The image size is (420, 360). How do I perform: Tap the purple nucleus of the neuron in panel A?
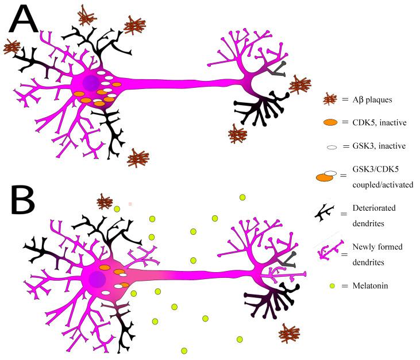pyautogui.click(x=90, y=84)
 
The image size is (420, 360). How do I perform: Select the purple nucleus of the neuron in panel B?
pyautogui.click(x=97, y=279)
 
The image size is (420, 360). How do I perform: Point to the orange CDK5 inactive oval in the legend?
pyautogui.click(x=332, y=122)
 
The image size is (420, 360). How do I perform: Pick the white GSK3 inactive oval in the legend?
pyautogui.click(x=332, y=148)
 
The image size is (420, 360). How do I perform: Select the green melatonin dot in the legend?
pyautogui.click(x=332, y=285)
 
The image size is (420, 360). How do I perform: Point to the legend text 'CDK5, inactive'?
pyautogui.click(x=377, y=122)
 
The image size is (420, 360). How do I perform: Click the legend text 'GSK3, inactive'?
pyautogui.click(x=377, y=146)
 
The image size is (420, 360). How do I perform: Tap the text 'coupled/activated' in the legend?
pyautogui.click(x=383, y=184)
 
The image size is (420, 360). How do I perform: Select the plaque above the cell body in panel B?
pyautogui.click(x=105, y=202)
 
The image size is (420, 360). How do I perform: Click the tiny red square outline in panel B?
pyautogui.click(x=130, y=204)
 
